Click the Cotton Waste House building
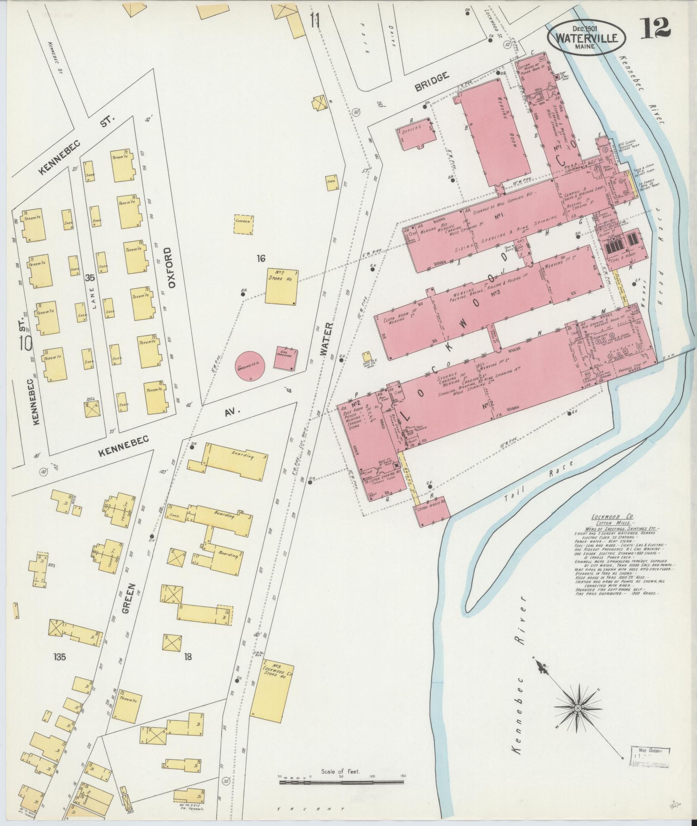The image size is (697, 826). pyautogui.click(x=433, y=512)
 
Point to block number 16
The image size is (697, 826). pyautogui.click(x=261, y=259)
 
